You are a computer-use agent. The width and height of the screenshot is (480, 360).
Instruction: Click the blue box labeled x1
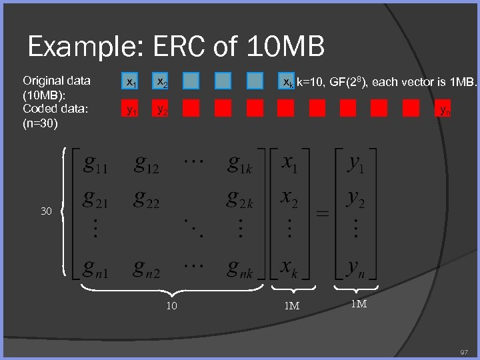pos(131,82)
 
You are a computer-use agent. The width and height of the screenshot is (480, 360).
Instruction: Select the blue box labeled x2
pos(161,82)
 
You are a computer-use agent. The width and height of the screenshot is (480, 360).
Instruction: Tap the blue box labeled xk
pos(287,82)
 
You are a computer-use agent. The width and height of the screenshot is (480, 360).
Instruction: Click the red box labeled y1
pos(131,109)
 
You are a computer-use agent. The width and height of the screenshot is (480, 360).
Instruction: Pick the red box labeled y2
pos(161,109)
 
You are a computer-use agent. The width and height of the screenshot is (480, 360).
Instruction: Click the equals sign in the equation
pos(322,215)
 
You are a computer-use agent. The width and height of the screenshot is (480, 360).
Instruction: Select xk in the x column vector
pos(289,268)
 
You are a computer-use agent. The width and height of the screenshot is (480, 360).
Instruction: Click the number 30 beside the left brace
pos(46,211)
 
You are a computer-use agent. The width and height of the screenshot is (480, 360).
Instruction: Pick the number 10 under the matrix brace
pos(171,306)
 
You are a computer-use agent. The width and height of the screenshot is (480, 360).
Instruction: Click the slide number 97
pos(464,351)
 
